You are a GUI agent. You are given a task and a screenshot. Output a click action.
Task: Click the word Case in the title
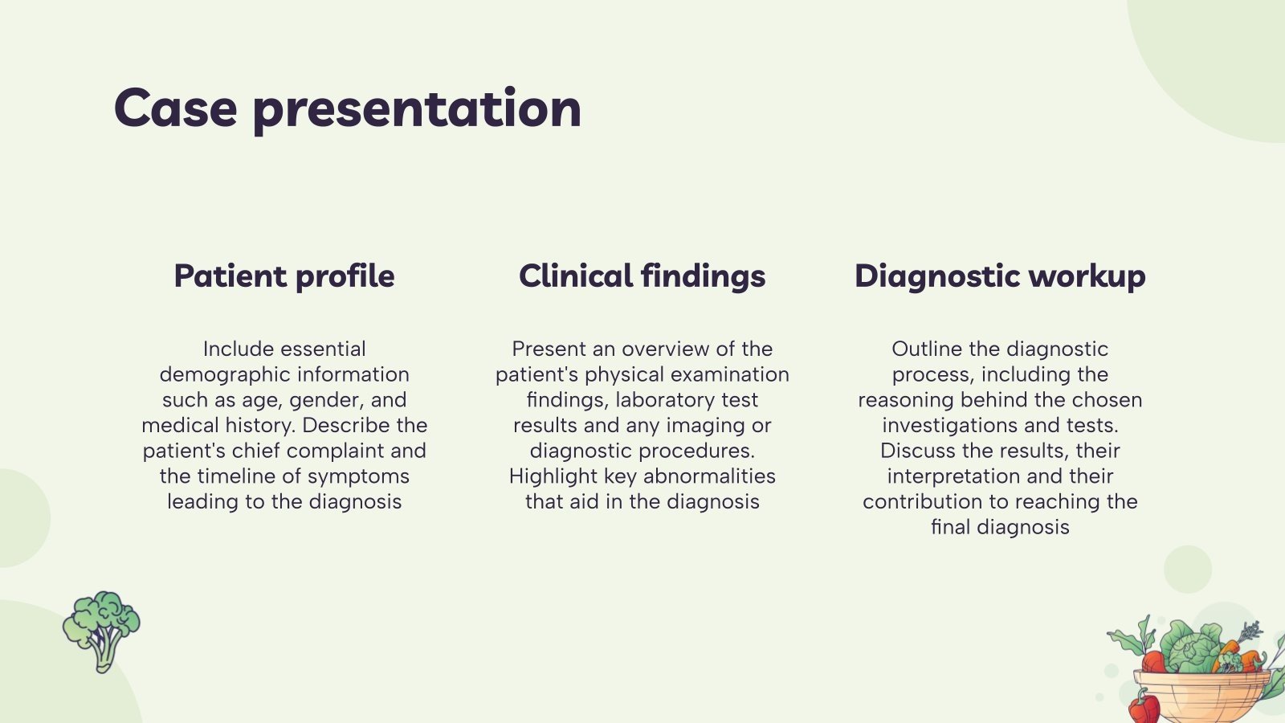coord(176,108)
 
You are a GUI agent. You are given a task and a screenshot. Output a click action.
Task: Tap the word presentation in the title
coord(417,109)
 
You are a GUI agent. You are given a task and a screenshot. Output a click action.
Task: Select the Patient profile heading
coord(284,276)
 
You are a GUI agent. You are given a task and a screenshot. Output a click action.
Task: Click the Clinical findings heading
coord(642,276)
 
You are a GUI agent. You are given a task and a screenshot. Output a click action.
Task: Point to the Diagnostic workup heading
coord(1000,276)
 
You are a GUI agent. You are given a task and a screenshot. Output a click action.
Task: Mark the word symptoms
coord(358,476)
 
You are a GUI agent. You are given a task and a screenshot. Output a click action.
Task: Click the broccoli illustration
coord(101,630)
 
